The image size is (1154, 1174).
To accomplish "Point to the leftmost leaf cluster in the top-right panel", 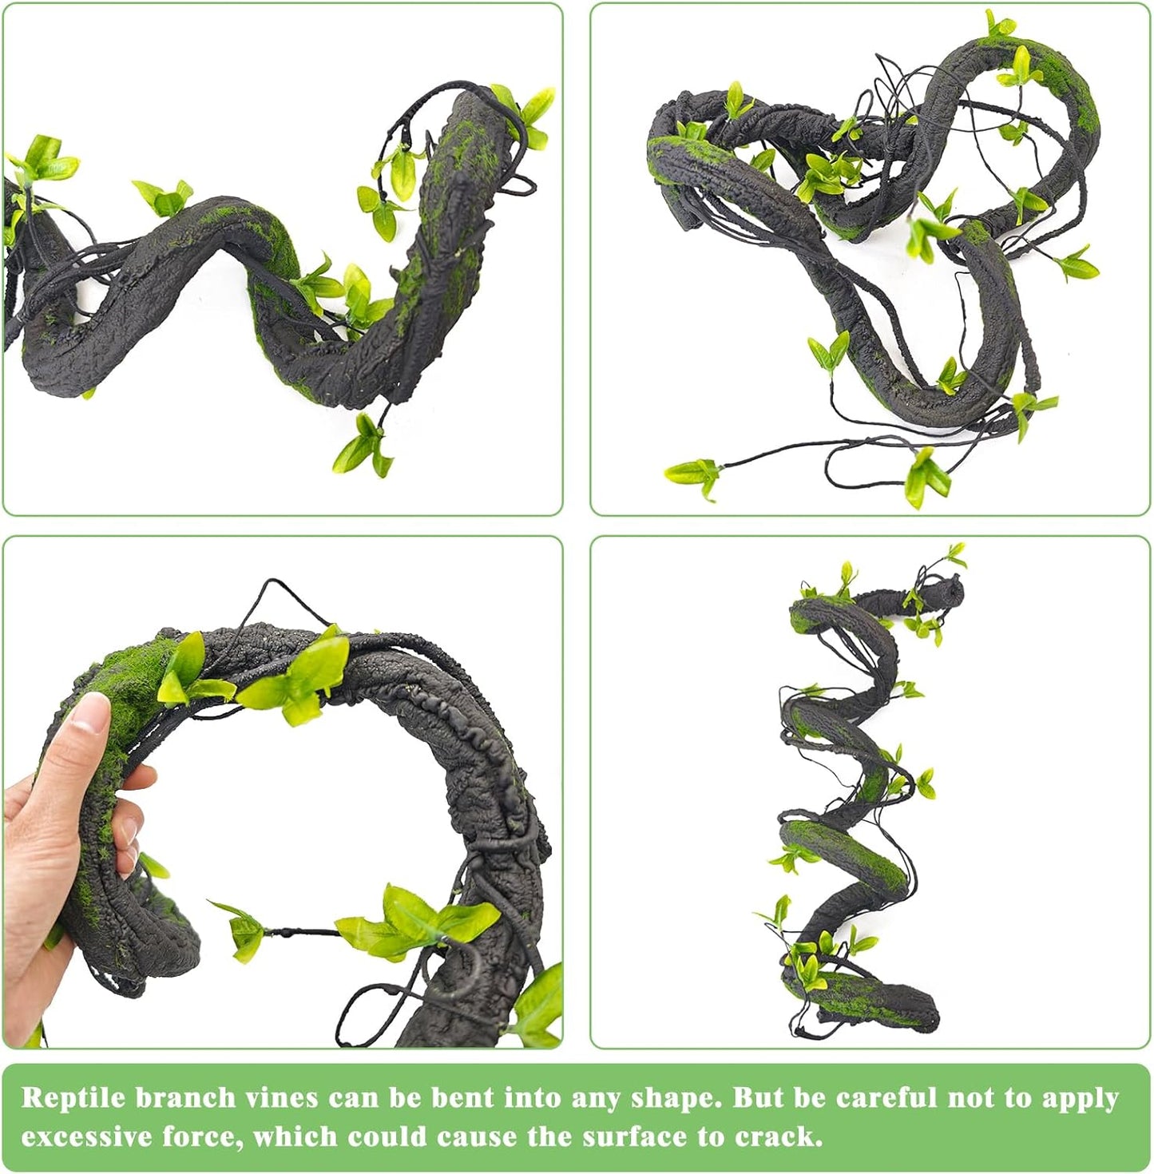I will tap(693, 476).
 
